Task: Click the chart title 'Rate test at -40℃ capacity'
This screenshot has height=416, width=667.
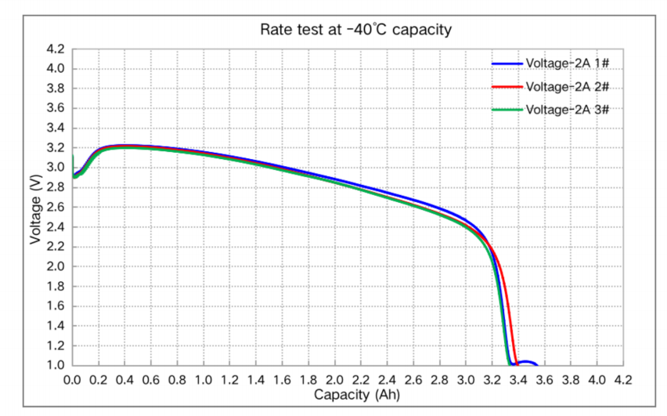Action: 356,30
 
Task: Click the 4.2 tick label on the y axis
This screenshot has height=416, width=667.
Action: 56,49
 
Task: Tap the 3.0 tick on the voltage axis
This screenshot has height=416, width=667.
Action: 56,168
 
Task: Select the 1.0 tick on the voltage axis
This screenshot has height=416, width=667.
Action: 56,365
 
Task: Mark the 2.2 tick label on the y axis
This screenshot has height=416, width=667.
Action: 56,247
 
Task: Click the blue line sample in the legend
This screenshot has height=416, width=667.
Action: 507,64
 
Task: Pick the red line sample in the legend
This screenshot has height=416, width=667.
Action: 507,86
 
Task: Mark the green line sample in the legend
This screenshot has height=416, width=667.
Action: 507,109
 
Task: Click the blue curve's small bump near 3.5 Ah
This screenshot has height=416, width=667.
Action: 526,362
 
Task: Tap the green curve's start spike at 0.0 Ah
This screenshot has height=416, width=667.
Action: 73,161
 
